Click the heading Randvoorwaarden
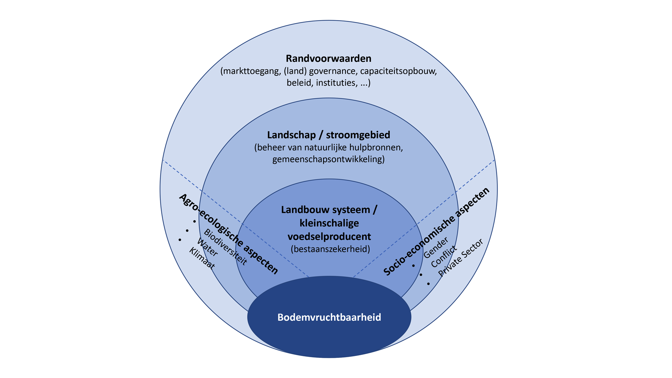pyautogui.click(x=328, y=58)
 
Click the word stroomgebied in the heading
pyautogui.click(x=358, y=135)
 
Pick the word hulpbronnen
pyautogui.click(x=375, y=147)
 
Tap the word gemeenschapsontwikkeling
pyautogui.click(x=328, y=159)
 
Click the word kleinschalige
pyautogui.click(x=329, y=223)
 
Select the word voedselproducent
pyautogui.click(x=329, y=237)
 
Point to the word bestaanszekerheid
pyautogui.click(x=330, y=249)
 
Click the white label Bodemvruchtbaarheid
pyautogui.click(x=329, y=317)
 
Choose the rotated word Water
pyautogui.click(x=207, y=247)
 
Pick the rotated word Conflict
pyautogui.click(x=444, y=257)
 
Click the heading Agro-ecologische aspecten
pyautogui.click(x=229, y=234)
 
